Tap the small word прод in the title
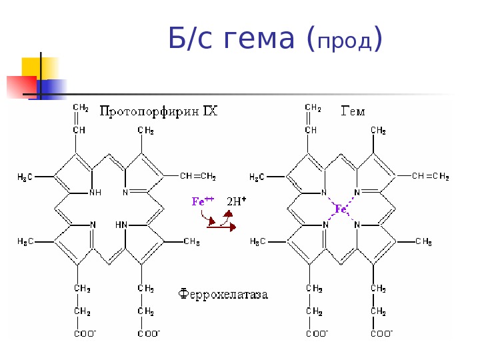(x=345, y=43)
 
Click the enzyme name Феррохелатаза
(x=223, y=293)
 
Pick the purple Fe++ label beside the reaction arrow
(x=203, y=201)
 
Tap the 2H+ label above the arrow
(x=237, y=200)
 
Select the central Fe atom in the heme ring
(x=341, y=209)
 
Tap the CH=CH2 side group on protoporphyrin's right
(x=198, y=176)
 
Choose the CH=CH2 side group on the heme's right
(x=430, y=176)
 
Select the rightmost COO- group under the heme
(x=381, y=333)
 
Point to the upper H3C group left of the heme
(x=260, y=177)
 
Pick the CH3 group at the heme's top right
(x=378, y=130)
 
